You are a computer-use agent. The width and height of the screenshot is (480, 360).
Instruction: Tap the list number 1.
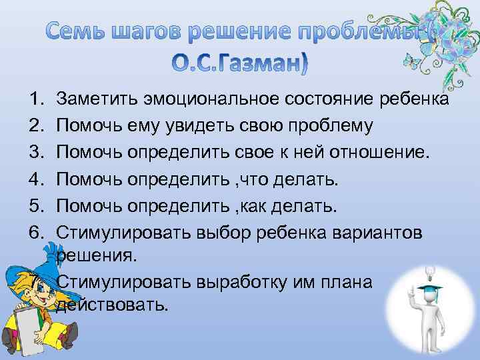point(36,100)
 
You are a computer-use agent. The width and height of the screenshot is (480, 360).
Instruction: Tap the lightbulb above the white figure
point(411,271)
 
